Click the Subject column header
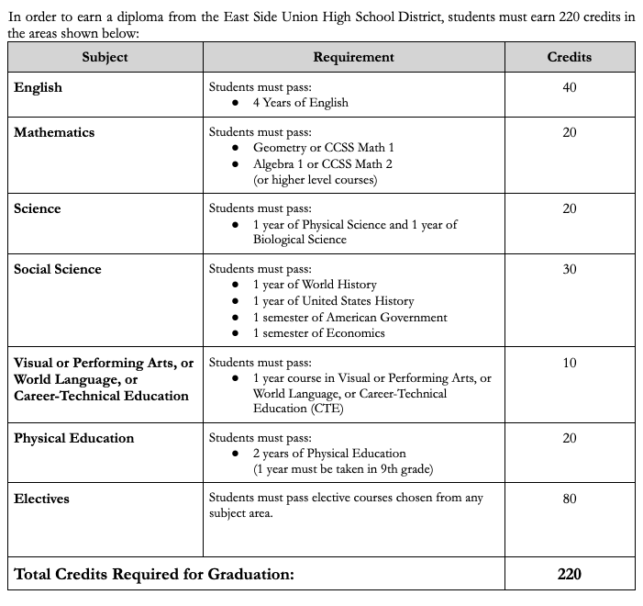[x=105, y=57]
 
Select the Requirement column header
[x=353, y=57]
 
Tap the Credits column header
[x=569, y=57]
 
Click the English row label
[x=38, y=87]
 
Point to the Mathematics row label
[x=54, y=132]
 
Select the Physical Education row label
[x=73, y=438]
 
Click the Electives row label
[x=41, y=499]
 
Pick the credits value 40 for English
[x=569, y=87]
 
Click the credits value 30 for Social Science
[x=569, y=269]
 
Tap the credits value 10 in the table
[x=569, y=363]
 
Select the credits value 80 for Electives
[x=569, y=499]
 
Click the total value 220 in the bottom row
[x=569, y=575]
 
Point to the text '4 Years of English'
[x=300, y=103]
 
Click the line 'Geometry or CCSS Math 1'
[x=324, y=148]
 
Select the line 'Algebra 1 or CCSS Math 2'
[x=322, y=163]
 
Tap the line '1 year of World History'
[x=315, y=285]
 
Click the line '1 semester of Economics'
[x=318, y=332]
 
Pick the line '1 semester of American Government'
[x=350, y=317]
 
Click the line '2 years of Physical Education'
[x=329, y=454]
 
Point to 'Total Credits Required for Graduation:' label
[x=154, y=575]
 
